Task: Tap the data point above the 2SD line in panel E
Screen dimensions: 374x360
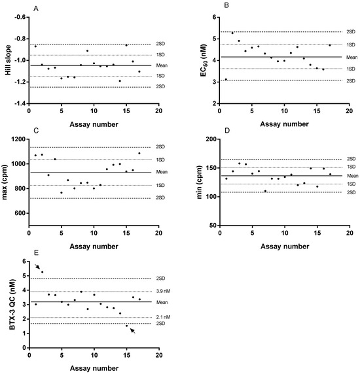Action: [42, 272]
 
